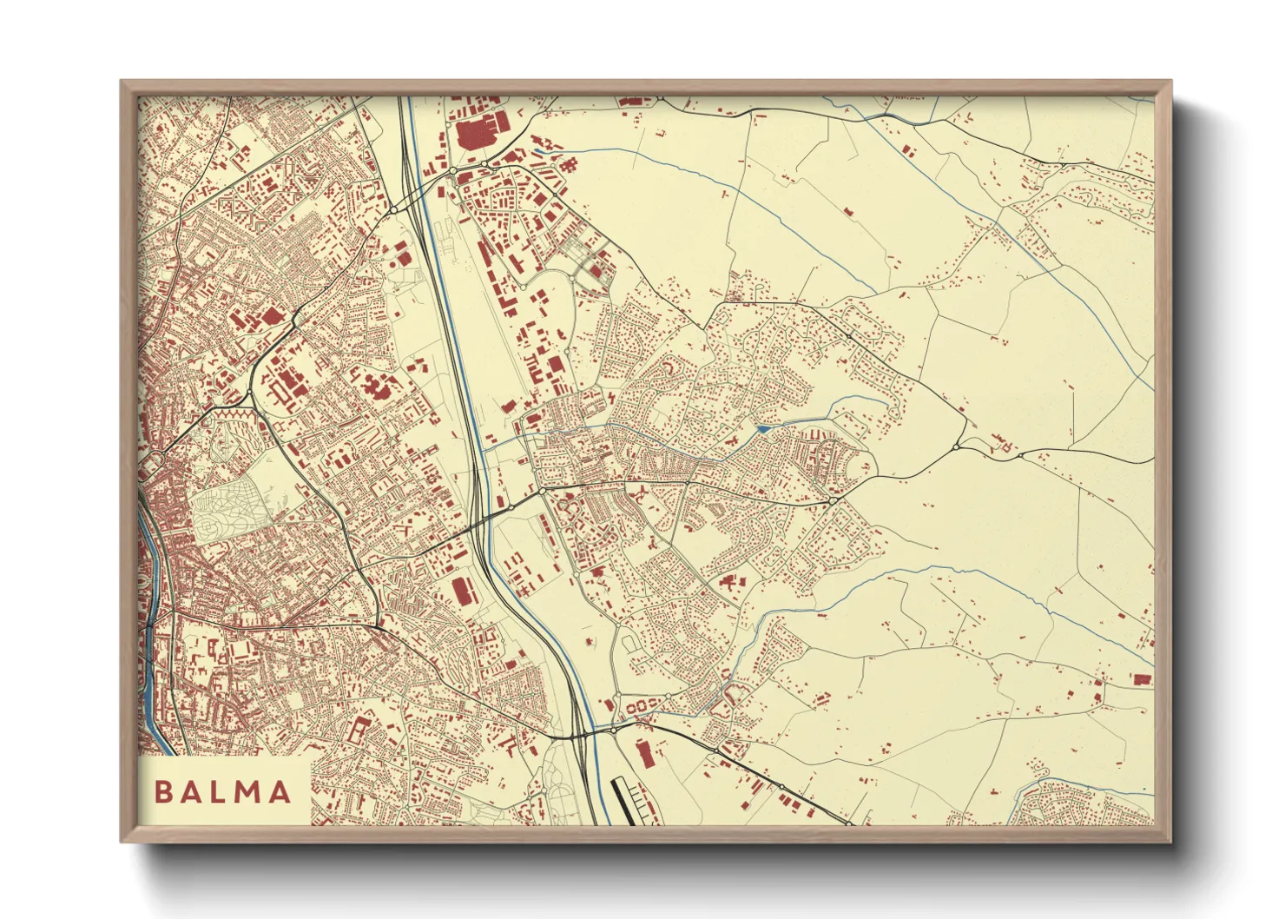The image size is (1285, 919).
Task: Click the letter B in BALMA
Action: click(x=162, y=792)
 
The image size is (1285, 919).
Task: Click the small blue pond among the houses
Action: click(x=763, y=429)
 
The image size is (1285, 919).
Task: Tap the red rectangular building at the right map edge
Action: click(x=1141, y=680)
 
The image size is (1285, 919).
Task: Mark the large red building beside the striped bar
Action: click(x=645, y=754)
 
